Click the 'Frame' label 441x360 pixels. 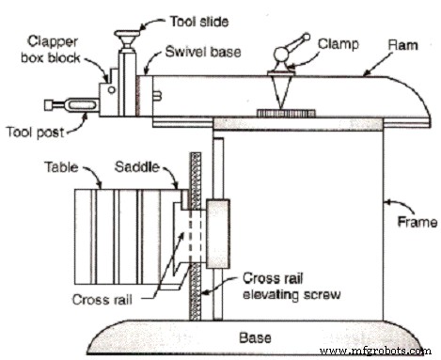[x=415, y=224]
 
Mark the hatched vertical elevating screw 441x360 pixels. [x=197, y=235]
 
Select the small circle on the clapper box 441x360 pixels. [x=110, y=90]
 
